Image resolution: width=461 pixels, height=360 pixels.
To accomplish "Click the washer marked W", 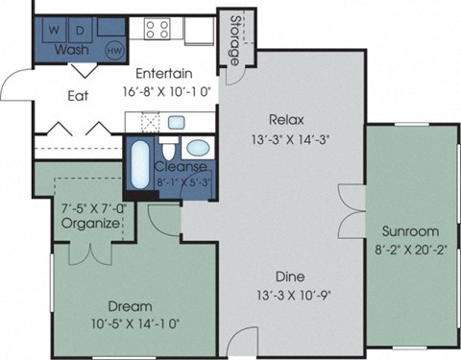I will pos(54,28).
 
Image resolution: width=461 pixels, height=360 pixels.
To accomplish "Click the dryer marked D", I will pos(80,28).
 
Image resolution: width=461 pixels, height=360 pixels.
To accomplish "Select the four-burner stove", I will pos(158,28).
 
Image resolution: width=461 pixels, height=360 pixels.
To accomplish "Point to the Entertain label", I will pos(164,73).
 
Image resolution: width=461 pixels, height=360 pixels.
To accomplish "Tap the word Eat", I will pos(79,95).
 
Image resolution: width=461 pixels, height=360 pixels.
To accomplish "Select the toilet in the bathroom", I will pos(168,151).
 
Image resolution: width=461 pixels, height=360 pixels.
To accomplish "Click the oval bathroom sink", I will pos(199,149).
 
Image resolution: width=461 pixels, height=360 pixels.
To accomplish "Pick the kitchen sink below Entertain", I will pos(178,123).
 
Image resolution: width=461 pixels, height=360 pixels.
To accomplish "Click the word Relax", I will pos(286,120).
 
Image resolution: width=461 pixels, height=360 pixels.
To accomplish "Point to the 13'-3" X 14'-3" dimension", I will pos(286,139).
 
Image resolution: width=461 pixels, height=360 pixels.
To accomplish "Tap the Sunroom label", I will pos(410,231).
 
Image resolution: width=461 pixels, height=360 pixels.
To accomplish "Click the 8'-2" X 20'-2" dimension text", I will pos(410,249).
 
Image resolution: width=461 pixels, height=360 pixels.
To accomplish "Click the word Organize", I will pos(90,224).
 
